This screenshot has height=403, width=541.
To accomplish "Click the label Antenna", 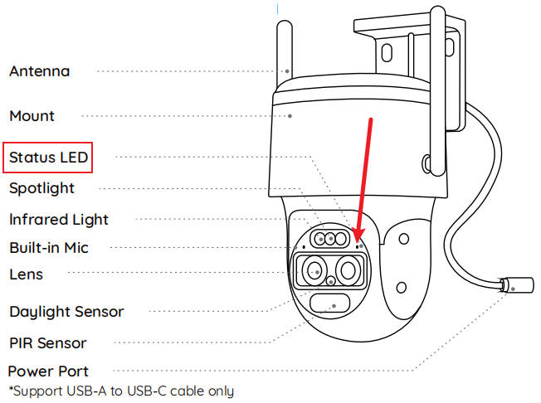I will (x=39, y=71).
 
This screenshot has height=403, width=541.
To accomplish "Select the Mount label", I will (x=32, y=116).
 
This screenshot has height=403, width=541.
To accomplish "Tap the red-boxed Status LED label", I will (x=49, y=157).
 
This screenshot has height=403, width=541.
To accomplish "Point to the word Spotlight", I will (x=41, y=188).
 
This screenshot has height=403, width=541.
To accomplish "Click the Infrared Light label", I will (x=59, y=220).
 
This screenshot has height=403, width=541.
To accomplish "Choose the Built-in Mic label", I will (x=48, y=247).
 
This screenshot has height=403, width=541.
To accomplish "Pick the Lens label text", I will (x=26, y=274).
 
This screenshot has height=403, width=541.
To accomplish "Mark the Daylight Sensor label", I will (x=66, y=312).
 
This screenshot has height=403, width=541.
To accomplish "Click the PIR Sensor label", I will (x=48, y=342).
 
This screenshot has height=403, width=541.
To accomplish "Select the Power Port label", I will (x=48, y=371).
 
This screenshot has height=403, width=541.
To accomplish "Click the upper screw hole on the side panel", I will (x=402, y=240).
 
